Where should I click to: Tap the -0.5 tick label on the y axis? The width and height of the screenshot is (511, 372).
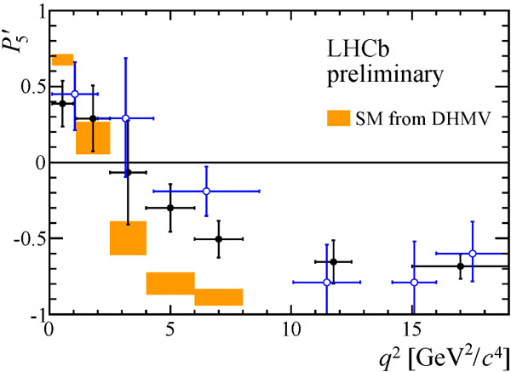pos(28,239)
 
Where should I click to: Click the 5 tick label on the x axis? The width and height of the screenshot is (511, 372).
pos(170,329)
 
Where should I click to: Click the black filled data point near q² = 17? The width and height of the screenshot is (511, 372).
pos(461,266)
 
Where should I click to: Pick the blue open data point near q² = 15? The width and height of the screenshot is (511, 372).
pos(415,282)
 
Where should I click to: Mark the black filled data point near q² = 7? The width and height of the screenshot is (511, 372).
pos(219,238)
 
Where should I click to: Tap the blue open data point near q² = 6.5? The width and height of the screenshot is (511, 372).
pos(206,191)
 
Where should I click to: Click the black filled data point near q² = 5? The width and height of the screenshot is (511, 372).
pos(170,208)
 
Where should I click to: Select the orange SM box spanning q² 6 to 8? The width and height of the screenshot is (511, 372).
pos(219,297)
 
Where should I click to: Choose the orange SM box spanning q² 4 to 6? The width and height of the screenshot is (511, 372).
pos(170,283)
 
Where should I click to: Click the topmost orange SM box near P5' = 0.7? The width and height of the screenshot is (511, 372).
pos(62,60)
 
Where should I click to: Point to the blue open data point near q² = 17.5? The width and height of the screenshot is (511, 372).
pos(473,253)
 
